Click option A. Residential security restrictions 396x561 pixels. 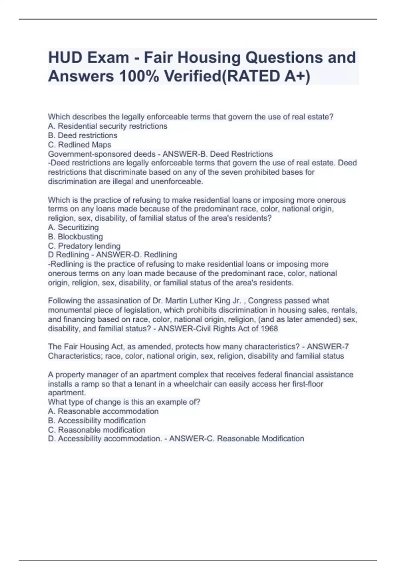tap(108, 126)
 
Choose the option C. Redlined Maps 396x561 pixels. tap(80, 145)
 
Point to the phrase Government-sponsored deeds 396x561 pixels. tap(102, 154)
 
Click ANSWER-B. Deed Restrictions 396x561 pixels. tap(218, 154)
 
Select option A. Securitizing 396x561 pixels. tap(73, 227)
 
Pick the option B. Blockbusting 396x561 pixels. tap(75, 237)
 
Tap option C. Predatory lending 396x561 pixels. tap(84, 246)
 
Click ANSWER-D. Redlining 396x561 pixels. tap(137, 255)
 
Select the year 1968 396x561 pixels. tap(269, 329)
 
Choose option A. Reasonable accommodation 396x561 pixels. tap(103, 411)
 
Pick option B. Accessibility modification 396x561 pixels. tap(97, 420)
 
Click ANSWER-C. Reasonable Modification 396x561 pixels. tap(237, 439)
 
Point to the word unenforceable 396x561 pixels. tap(177, 181)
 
